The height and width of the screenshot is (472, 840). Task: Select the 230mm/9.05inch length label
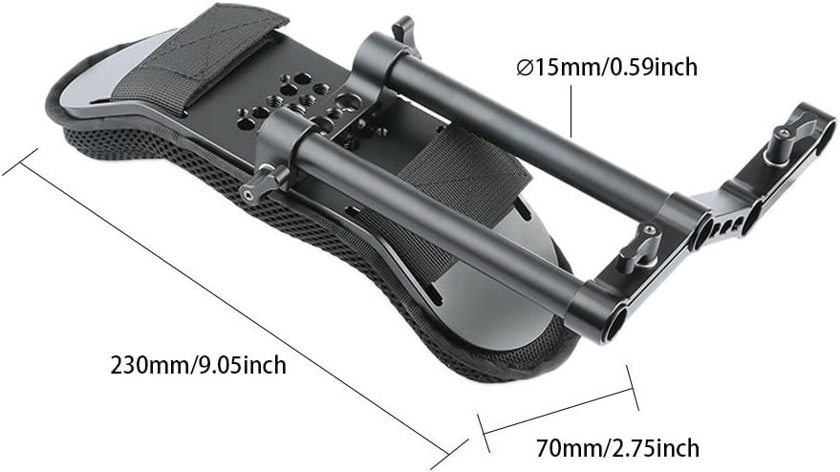198,364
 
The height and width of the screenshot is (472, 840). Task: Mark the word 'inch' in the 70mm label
675,447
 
